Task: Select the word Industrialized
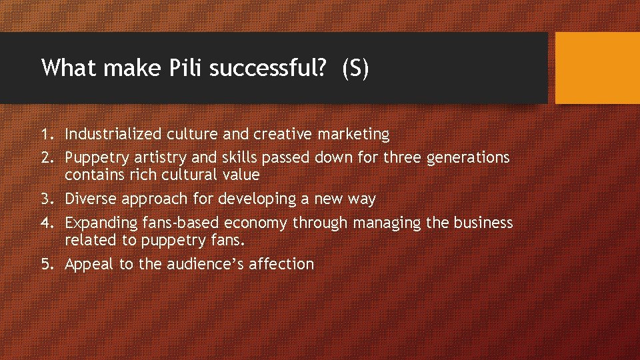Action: pyautogui.click(x=109, y=134)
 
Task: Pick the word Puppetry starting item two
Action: pyautogui.click(x=93, y=158)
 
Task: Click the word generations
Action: pyautogui.click(x=467, y=158)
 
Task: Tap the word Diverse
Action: pyautogui.click(x=90, y=199)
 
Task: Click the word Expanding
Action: pyautogui.click(x=97, y=223)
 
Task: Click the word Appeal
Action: pyautogui.click(x=89, y=264)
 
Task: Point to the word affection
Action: pyautogui.click(x=281, y=264)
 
